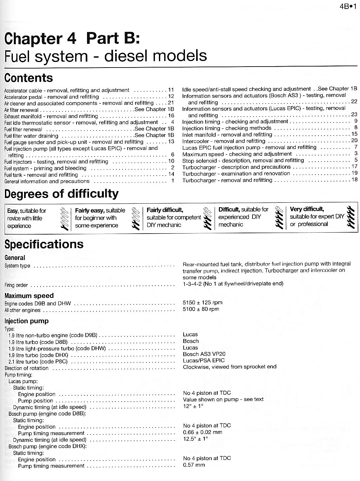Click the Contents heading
click(x=29, y=78)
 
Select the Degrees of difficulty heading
click(x=61, y=194)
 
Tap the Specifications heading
click(x=44, y=244)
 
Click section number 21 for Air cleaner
click(x=171, y=103)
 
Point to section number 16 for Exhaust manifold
click(x=171, y=116)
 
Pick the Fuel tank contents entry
click(x=41, y=175)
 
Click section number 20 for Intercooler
click(x=354, y=141)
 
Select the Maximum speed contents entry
click(x=237, y=154)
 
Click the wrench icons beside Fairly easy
click(x=135, y=218)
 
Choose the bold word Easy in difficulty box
click(x=13, y=211)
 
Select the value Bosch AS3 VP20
click(x=204, y=354)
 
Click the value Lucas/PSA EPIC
click(x=204, y=360)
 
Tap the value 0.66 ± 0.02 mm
click(x=202, y=432)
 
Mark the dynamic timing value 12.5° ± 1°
click(x=195, y=439)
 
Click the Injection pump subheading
click(x=26, y=321)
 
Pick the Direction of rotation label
click(x=27, y=368)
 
